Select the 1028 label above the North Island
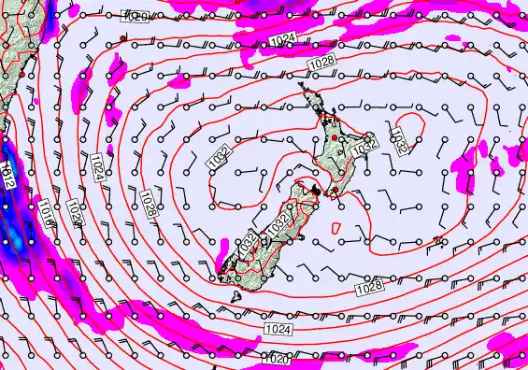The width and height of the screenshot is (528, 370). [x=321, y=61]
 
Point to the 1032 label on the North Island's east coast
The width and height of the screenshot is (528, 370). [x=366, y=144]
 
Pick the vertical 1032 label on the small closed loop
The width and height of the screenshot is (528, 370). [x=398, y=141]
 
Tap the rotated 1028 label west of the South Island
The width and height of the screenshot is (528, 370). [x=148, y=204]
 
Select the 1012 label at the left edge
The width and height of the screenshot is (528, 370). [x=7, y=175]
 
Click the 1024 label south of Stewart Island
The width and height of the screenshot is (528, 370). [x=277, y=330]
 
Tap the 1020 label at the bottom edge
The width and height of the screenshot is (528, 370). [x=275, y=359]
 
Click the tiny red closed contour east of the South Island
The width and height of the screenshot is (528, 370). [x=437, y=241]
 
